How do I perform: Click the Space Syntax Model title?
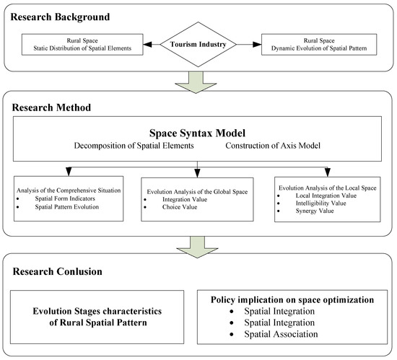[198, 133]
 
